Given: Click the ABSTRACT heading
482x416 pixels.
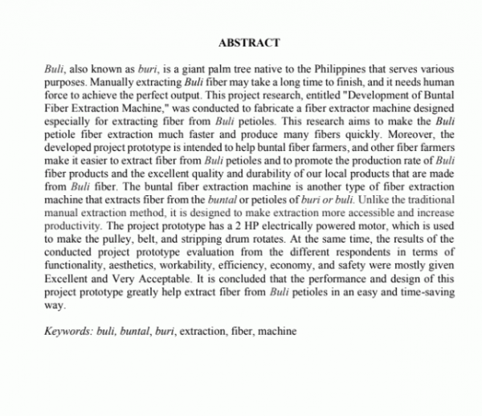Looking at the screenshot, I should tap(248, 42).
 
